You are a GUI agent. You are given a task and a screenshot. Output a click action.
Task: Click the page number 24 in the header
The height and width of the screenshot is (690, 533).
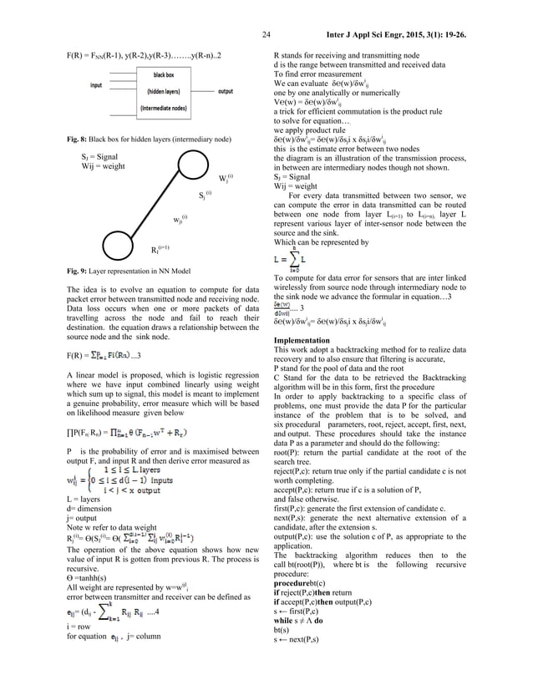266,35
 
